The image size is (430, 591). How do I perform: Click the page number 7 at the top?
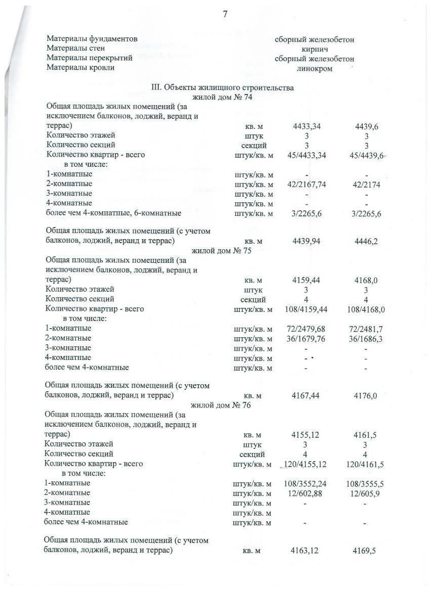click(x=225, y=14)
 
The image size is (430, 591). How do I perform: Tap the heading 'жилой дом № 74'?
click(x=222, y=97)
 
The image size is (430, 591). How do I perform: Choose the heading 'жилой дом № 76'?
click(x=221, y=405)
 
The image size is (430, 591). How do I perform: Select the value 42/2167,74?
click(x=307, y=185)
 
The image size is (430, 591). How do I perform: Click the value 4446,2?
click(x=366, y=242)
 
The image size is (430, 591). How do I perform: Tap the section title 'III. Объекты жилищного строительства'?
click(x=223, y=88)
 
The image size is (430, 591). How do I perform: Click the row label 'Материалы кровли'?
click(x=80, y=68)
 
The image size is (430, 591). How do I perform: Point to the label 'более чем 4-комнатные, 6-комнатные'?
click(x=114, y=213)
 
